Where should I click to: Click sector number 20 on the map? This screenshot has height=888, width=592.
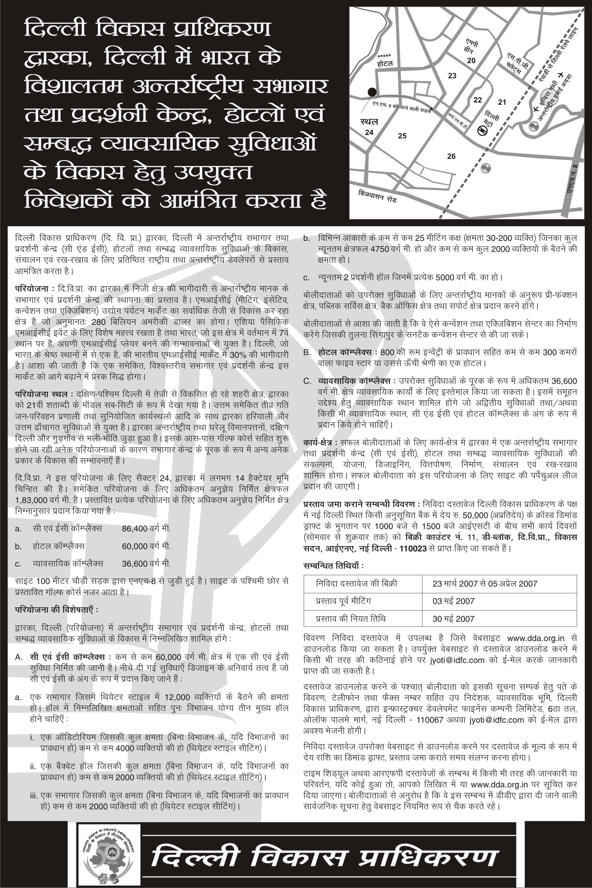tap(471, 61)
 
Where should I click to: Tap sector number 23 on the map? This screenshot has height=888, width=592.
tap(452, 76)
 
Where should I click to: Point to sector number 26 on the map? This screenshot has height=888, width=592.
tap(451, 156)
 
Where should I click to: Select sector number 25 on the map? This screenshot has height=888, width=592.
tap(402, 136)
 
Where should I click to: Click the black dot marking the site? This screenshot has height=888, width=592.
tap(372, 92)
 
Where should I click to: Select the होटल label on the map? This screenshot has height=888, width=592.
tap(385, 64)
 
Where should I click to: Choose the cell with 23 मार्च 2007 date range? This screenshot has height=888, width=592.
tap(485, 583)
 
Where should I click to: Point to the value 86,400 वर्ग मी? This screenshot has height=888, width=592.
tap(146, 528)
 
